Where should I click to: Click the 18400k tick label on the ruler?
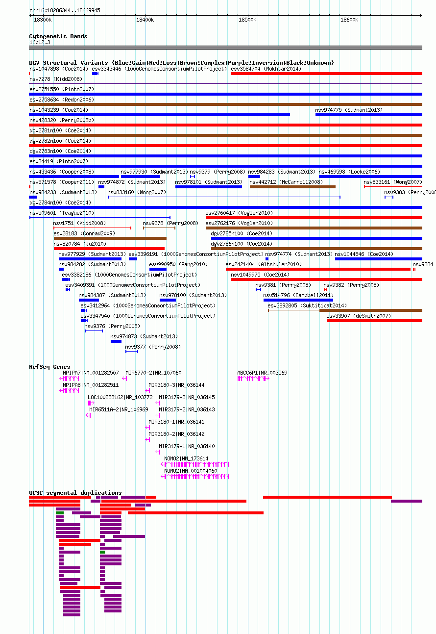tap(145, 20)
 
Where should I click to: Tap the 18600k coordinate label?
tap(349, 20)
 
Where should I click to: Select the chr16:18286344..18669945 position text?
tap(65, 10)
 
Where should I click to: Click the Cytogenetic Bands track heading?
tap(58, 36)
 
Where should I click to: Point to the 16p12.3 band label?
tap(40, 43)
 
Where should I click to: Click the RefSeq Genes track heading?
tap(49, 367)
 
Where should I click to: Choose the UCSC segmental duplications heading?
tap(75, 493)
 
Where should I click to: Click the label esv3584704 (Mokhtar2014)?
tap(266, 69)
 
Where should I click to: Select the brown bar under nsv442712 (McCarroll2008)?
tap(292, 187)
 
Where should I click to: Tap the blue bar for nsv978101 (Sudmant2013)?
tap(209, 187)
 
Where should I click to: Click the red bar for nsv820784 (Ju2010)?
tap(109, 249)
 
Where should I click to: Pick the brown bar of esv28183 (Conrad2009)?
tap(110, 238)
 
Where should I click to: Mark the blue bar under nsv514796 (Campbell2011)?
tap(298, 300)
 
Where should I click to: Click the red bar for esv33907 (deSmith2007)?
tap(374, 321)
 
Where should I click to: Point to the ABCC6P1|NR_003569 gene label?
tap(262, 373)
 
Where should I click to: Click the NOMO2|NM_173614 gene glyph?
tap(195, 464)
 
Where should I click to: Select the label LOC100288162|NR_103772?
tap(120, 397)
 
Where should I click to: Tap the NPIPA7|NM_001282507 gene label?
tap(91, 373)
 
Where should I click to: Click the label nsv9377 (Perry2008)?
tap(153, 347)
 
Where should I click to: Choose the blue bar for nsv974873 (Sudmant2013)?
tap(116, 341)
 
